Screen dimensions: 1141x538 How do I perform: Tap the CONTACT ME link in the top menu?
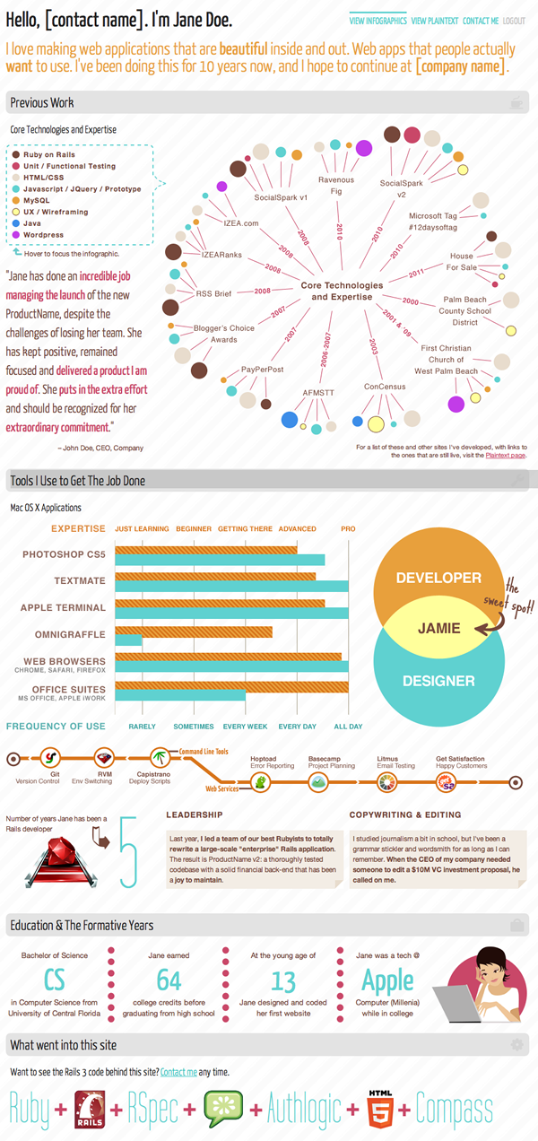(x=481, y=20)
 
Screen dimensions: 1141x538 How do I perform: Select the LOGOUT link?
(x=515, y=20)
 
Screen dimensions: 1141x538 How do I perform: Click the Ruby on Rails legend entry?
(x=49, y=154)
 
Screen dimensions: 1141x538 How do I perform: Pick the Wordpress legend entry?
(x=43, y=235)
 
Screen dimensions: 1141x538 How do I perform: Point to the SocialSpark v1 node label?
(x=281, y=197)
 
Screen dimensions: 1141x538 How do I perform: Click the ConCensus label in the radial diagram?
(x=385, y=387)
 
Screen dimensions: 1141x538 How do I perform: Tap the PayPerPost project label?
(x=263, y=370)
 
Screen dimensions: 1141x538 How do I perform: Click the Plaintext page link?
(x=506, y=456)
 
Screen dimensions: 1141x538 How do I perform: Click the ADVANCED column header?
(x=297, y=529)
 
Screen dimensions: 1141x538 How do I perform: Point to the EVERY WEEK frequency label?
(x=246, y=727)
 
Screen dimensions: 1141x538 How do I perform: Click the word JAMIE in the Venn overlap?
(x=439, y=628)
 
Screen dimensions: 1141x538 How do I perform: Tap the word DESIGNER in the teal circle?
(x=438, y=682)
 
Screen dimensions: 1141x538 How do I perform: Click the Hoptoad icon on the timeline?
(x=260, y=782)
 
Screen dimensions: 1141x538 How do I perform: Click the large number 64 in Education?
(x=169, y=980)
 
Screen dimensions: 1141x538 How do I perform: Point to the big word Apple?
(x=387, y=980)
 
